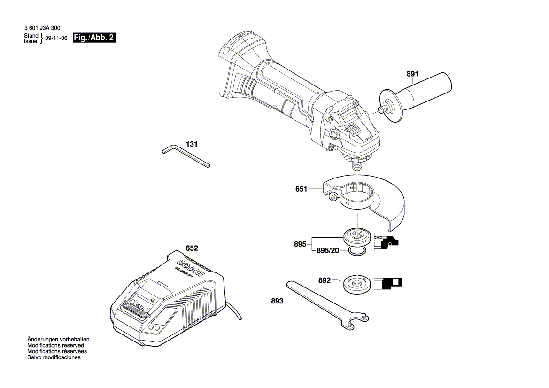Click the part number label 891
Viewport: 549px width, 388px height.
pyautogui.click(x=412, y=74)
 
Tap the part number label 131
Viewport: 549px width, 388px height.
pyautogui.click(x=191, y=144)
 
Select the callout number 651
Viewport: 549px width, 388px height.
pyautogui.click(x=301, y=189)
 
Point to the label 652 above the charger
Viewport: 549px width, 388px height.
pyautogui.click(x=192, y=248)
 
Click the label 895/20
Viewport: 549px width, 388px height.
pyautogui.click(x=327, y=251)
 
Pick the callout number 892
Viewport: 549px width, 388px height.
pyautogui.click(x=325, y=281)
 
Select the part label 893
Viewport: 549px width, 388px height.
pyautogui.click(x=277, y=301)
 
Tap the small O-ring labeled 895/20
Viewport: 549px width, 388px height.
pyautogui.click(x=357, y=253)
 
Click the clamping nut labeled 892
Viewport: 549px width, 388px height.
pyautogui.click(x=357, y=284)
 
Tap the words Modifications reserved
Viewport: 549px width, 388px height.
pyautogui.click(x=55, y=345)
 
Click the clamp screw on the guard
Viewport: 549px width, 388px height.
pyautogui.click(x=334, y=198)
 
